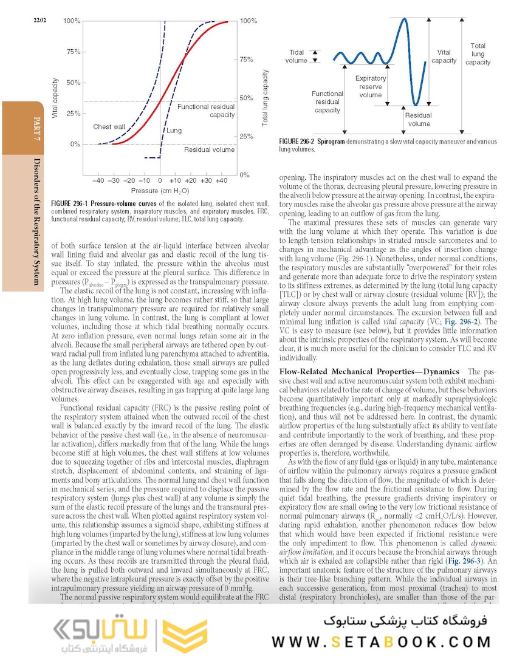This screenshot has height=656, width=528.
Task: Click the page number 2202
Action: pos(40,21)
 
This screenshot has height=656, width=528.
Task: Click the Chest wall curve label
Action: pos(109,127)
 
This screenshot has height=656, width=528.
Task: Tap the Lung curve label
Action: pos(174,131)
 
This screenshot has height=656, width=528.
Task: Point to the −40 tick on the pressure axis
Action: pos(98,181)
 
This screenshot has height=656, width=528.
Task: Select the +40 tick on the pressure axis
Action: pos(221,181)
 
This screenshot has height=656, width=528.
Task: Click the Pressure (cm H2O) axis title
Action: pos(159,192)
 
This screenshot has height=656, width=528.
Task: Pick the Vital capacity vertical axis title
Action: pos(56,98)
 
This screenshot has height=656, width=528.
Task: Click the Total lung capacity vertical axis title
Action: pos(265,98)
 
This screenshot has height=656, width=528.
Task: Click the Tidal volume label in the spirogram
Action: pos(297,56)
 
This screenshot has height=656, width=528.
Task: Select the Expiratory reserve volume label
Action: pos(370,86)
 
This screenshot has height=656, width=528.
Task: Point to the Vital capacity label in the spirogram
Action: pos(444,56)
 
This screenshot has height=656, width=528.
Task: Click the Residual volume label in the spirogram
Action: pos(419,119)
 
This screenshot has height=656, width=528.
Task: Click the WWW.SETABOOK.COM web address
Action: pos(382,641)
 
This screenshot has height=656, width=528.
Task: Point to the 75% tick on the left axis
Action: pos(72,52)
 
